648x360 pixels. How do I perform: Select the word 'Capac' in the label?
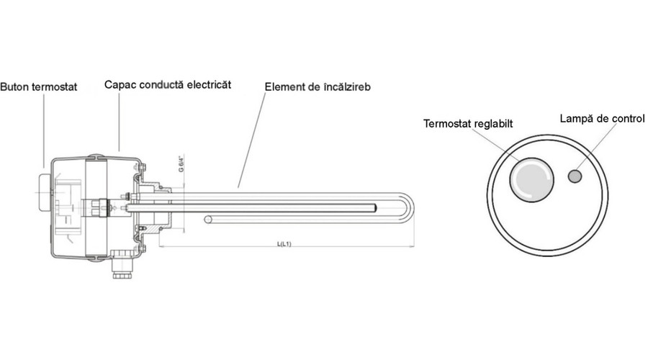(x=119, y=84)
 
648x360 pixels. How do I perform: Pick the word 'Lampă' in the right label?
(x=575, y=117)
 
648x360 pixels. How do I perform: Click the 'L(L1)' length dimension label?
(x=284, y=244)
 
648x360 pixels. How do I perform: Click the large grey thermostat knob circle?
(x=531, y=179)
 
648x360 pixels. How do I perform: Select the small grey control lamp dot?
(x=575, y=175)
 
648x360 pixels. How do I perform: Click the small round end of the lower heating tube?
(x=208, y=219)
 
